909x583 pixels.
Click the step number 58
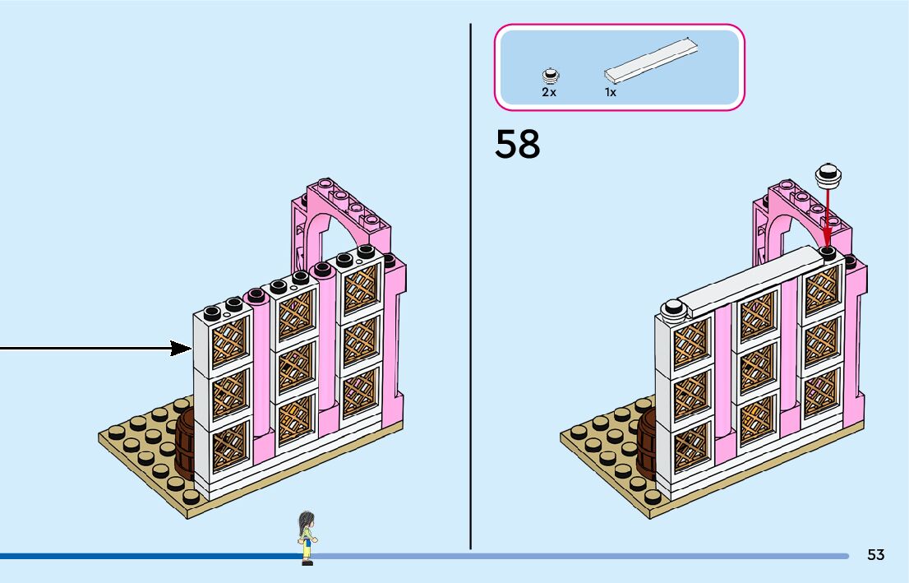point(518,144)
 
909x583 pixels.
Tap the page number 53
point(875,555)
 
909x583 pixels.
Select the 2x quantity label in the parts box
point(549,92)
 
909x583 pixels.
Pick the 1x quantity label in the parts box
point(611,92)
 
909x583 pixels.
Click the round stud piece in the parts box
point(550,76)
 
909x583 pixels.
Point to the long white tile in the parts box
point(653,60)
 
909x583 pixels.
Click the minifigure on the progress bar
point(307,537)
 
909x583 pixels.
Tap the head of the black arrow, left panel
point(182,349)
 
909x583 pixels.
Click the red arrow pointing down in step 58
point(828,218)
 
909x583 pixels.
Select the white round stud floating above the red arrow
point(828,174)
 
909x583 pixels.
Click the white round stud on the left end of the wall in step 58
point(674,308)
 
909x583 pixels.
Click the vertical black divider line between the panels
point(470,288)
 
